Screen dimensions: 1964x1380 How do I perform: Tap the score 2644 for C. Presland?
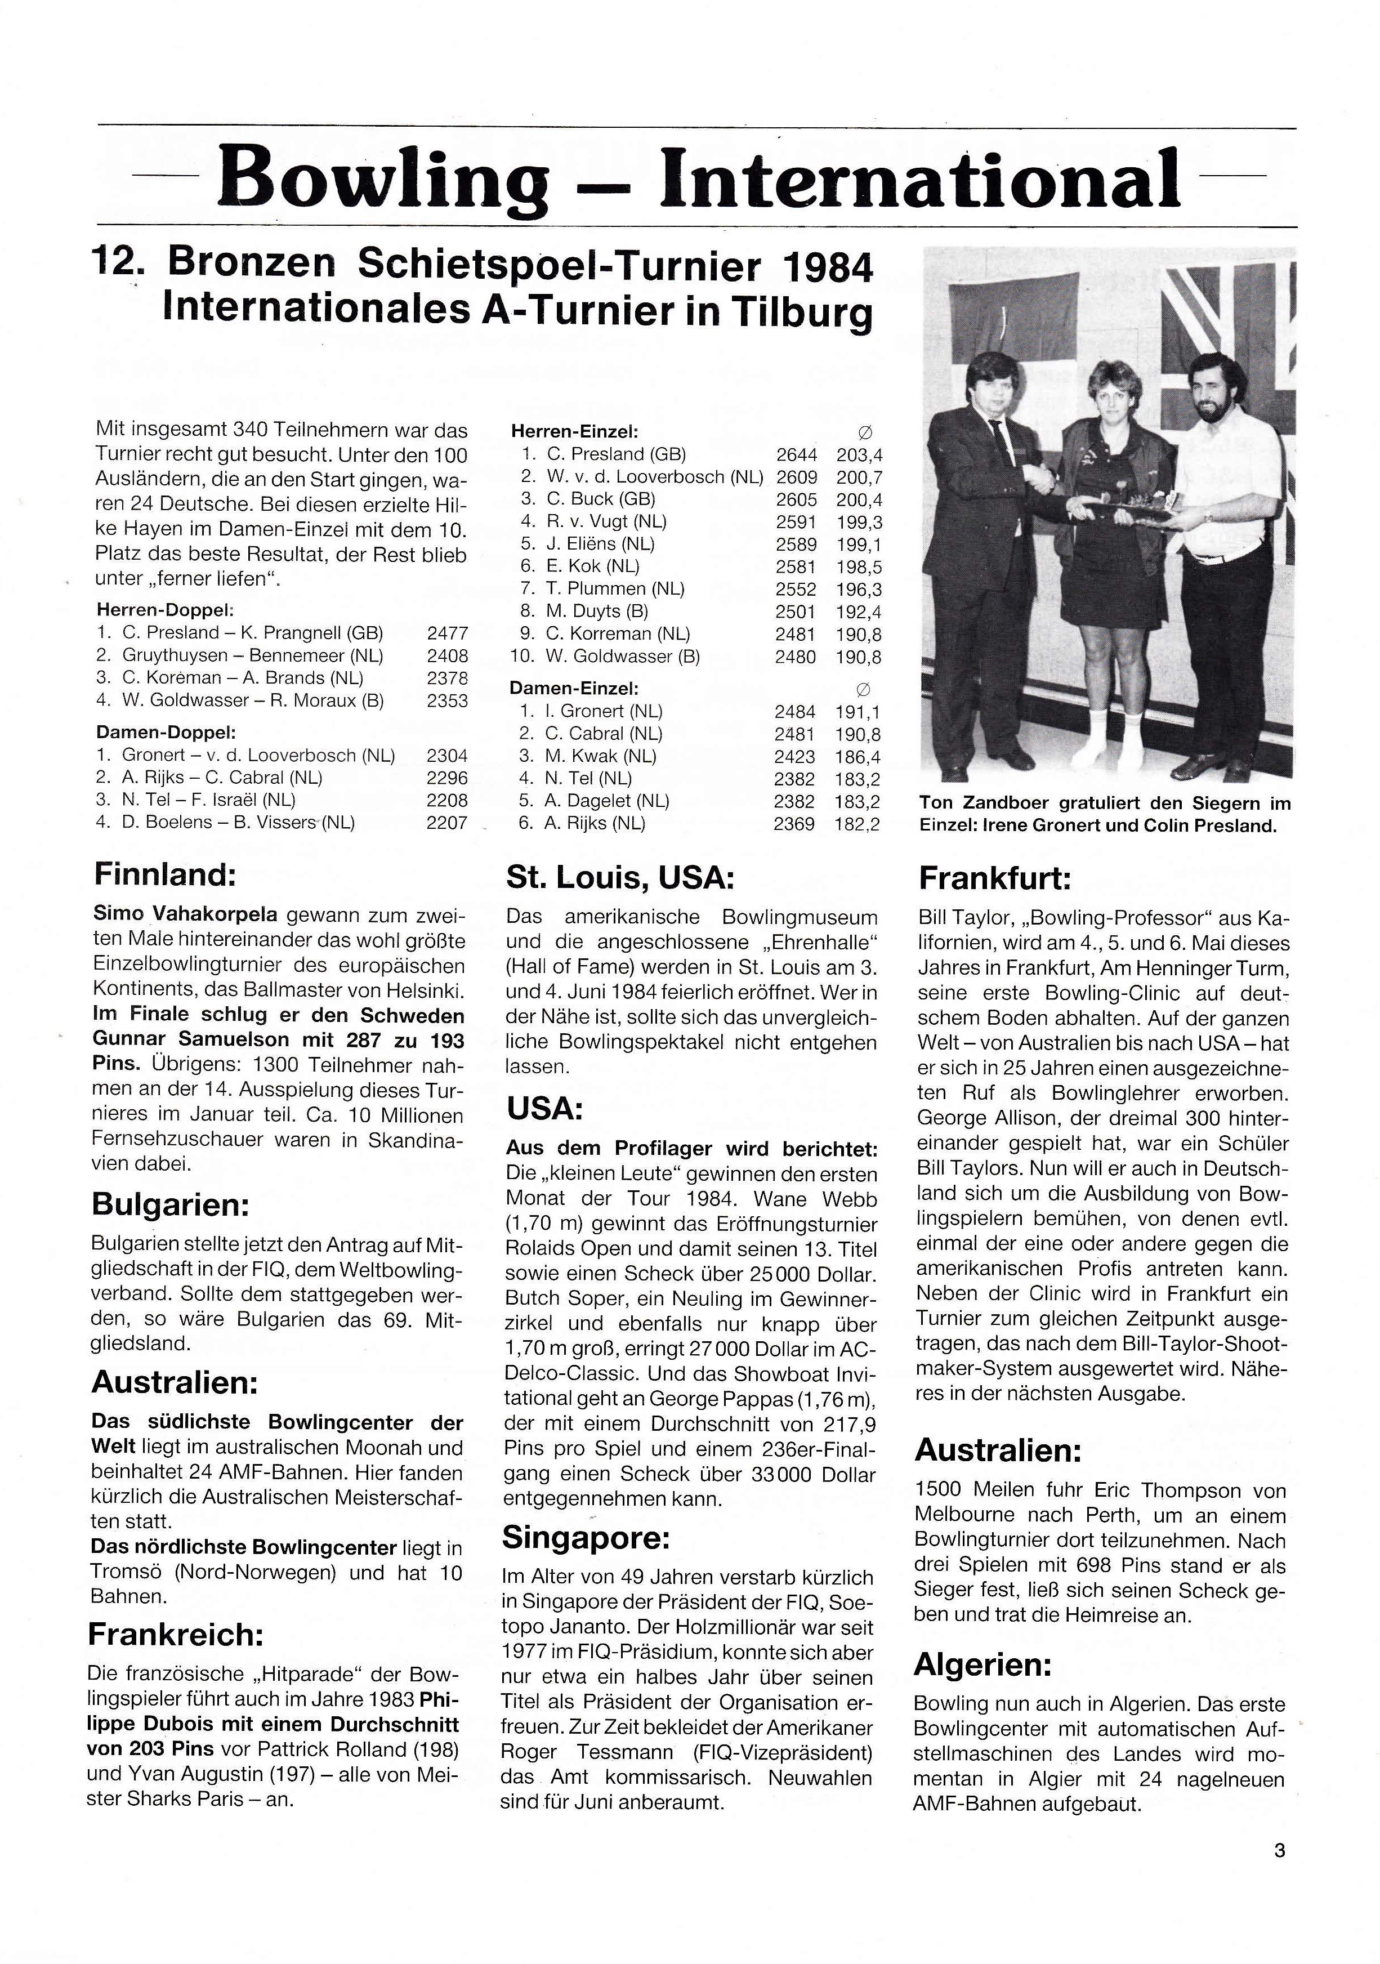point(796,454)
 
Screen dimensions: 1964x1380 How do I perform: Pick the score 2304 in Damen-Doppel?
point(446,755)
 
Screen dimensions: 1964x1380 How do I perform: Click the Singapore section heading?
point(585,1538)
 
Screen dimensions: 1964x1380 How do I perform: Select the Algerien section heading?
point(982,1664)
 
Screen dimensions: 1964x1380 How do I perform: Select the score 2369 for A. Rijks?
point(794,824)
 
